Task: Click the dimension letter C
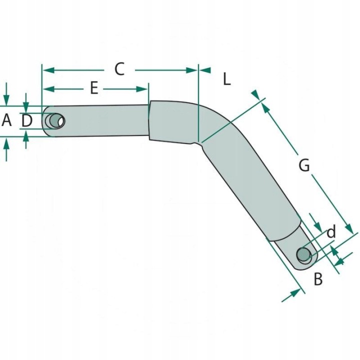coord(119,68)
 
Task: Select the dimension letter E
coord(94,88)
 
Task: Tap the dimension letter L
coord(227,79)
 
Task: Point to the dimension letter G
coord(304,165)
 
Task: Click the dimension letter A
coord(6,120)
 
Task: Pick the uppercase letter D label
coord(26,120)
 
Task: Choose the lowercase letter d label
coord(331,232)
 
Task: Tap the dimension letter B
coord(318,279)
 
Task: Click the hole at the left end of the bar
coord(55,121)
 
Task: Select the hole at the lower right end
coord(303,254)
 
